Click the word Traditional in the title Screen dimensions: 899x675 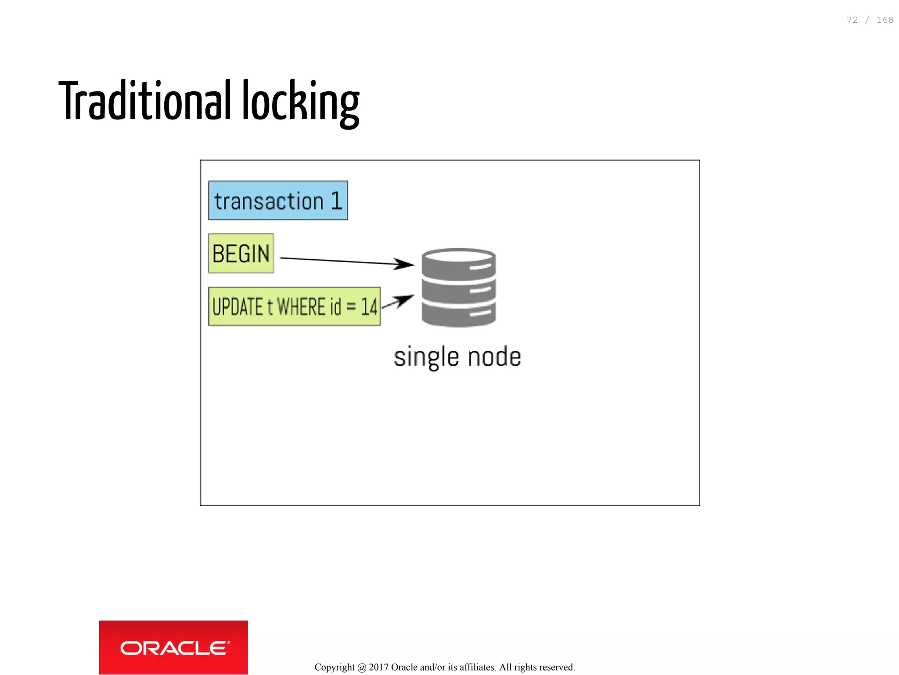tap(144, 101)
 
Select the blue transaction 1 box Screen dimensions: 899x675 tap(278, 201)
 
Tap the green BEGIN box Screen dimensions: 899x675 tap(241, 253)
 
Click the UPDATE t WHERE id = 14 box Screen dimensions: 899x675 tap(294, 307)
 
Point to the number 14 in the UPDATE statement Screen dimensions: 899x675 tap(369, 307)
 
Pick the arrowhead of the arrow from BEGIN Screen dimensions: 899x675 tap(404, 264)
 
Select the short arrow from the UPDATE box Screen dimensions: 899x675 tap(397, 302)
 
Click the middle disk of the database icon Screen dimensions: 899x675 tap(458, 289)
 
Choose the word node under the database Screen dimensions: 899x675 tap(494, 357)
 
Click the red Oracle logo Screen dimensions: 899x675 tap(173, 647)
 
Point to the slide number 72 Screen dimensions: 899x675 tap(852, 20)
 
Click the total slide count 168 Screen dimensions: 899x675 tap(885, 20)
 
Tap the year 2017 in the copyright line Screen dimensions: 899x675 tap(378, 667)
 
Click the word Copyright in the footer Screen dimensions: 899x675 tap(334, 667)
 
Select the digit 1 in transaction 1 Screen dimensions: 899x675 tap(336, 201)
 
